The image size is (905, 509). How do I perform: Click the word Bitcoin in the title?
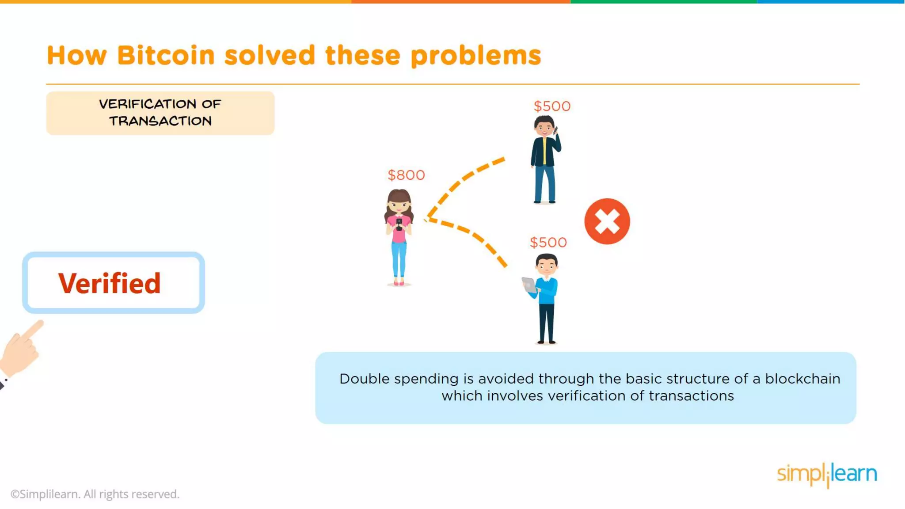[166, 56]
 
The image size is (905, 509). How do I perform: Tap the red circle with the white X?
[607, 221]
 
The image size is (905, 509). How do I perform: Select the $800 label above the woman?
[406, 175]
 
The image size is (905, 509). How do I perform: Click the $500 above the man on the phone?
[552, 106]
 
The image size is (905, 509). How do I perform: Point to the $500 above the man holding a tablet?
[548, 243]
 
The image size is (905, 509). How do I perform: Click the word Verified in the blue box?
[109, 283]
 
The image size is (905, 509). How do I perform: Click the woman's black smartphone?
[399, 224]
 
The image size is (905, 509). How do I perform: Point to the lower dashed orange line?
[473, 236]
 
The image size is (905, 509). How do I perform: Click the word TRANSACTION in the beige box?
[160, 121]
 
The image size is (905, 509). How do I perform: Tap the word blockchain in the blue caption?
[802, 379]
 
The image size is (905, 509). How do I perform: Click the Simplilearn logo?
[827, 474]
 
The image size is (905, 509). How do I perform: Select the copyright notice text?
[95, 494]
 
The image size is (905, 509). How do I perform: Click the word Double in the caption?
[365, 379]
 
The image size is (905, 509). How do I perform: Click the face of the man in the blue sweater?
[547, 266]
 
